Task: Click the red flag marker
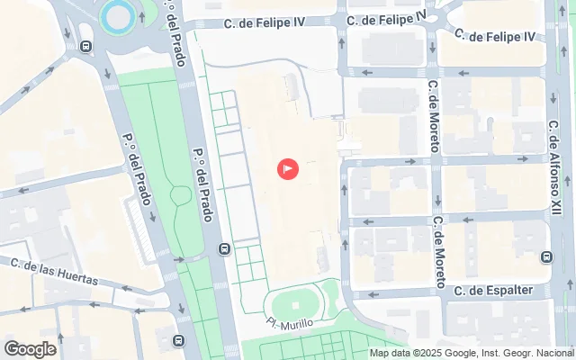click(x=289, y=168)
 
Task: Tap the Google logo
click(x=30, y=349)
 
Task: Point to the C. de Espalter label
click(x=494, y=291)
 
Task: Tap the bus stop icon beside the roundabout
click(x=85, y=47)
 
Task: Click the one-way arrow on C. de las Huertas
click(x=126, y=289)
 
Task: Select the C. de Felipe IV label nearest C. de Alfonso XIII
click(x=495, y=36)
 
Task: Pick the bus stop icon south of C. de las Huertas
click(x=179, y=341)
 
